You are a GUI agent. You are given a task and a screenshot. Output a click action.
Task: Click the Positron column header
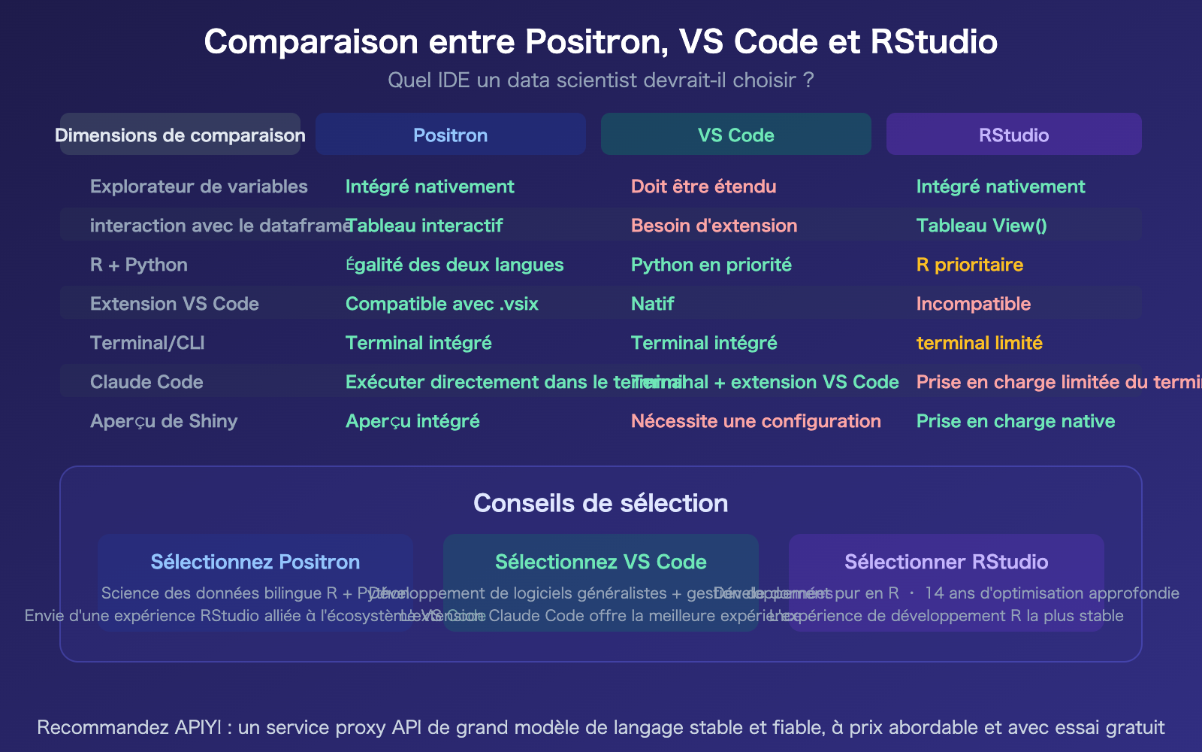[x=450, y=135]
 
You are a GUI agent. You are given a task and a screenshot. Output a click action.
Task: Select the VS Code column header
[x=735, y=135]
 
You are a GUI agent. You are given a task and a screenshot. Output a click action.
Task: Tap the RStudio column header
[x=1013, y=135]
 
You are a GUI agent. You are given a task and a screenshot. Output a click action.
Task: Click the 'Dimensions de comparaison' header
[x=180, y=135]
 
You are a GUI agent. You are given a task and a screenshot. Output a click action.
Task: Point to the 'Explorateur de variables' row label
[x=199, y=186]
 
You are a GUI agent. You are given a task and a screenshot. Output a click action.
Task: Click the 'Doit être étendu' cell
[x=703, y=186]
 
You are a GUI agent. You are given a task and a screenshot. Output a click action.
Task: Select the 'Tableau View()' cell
[x=981, y=226]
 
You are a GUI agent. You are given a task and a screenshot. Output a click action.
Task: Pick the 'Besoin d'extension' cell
[x=714, y=226]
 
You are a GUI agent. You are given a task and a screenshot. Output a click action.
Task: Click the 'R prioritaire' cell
[x=969, y=265]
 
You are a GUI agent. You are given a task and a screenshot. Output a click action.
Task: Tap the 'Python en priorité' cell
[x=711, y=265]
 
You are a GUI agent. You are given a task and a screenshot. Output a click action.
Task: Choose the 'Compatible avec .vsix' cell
[x=442, y=304]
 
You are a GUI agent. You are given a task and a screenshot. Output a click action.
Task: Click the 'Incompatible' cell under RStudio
[x=973, y=304]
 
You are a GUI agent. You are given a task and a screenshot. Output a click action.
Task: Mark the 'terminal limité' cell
[x=979, y=343]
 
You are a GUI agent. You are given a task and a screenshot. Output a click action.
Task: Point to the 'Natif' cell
[x=652, y=304]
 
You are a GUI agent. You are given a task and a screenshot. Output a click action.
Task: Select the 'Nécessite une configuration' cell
[x=755, y=421]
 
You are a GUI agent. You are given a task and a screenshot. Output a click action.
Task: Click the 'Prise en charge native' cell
[x=1015, y=421]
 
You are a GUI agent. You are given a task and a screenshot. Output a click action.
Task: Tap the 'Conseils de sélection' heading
[x=600, y=503]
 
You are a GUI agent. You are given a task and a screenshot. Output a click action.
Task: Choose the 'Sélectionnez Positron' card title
[x=255, y=562]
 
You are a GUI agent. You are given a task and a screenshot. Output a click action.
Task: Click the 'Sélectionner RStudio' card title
[x=946, y=562]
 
